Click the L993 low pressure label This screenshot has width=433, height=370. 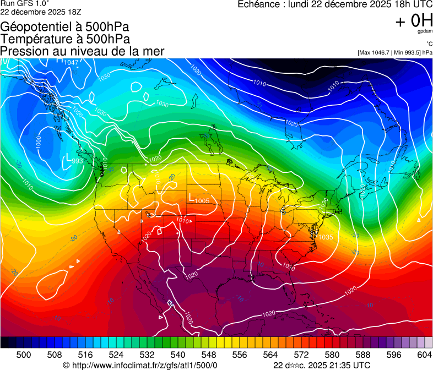[75, 160]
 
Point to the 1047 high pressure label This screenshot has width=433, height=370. [69, 62]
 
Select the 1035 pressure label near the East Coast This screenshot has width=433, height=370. [326, 237]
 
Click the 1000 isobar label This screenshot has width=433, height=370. [38, 141]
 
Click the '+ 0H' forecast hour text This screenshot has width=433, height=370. [414, 21]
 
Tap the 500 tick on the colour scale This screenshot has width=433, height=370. [24, 355]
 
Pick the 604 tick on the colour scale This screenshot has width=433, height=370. [424, 355]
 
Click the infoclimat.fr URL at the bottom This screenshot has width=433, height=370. [144, 365]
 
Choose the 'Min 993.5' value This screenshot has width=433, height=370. [408, 53]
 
